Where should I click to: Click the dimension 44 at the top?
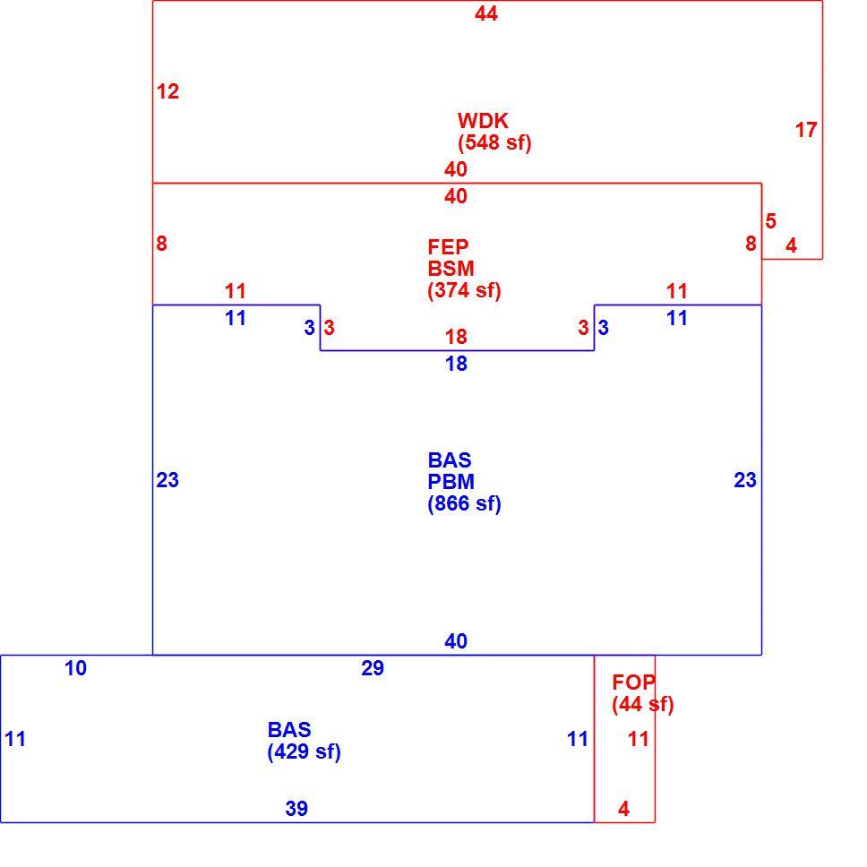pyautogui.click(x=486, y=13)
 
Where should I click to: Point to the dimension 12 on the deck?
pyautogui.click(x=167, y=91)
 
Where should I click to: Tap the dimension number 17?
pyautogui.click(x=805, y=130)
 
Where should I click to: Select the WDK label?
pyautogui.click(x=483, y=121)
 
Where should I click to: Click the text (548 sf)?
pyautogui.click(x=494, y=142)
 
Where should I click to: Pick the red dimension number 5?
pyautogui.click(x=771, y=221)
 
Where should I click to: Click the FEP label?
pyautogui.click(x=448, y=246)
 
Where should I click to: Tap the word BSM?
pyautogui.click(x=451, y=268)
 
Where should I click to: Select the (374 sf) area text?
pyautogui.click(x=464, y=289)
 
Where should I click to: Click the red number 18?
pyautogui.click(x=456, y=336)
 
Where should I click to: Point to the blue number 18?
pyautogui.click(x=456, y=364)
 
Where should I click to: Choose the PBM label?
pyautogui.click(x=451, y=482)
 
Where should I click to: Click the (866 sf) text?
pyautogui.click(x=464, y=503)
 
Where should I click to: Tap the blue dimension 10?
pyautogui.click(x=76, y=668)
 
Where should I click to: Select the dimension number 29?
pyautogui.click(x=373, y=668)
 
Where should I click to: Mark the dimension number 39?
pyautogui.click(x=296, y=809)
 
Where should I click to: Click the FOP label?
pyautogui.click(x=633, y=682)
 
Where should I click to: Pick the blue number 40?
pyautogui.click(x=456, y=641)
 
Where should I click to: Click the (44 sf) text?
pyautogui.click(x=642, y=704)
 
